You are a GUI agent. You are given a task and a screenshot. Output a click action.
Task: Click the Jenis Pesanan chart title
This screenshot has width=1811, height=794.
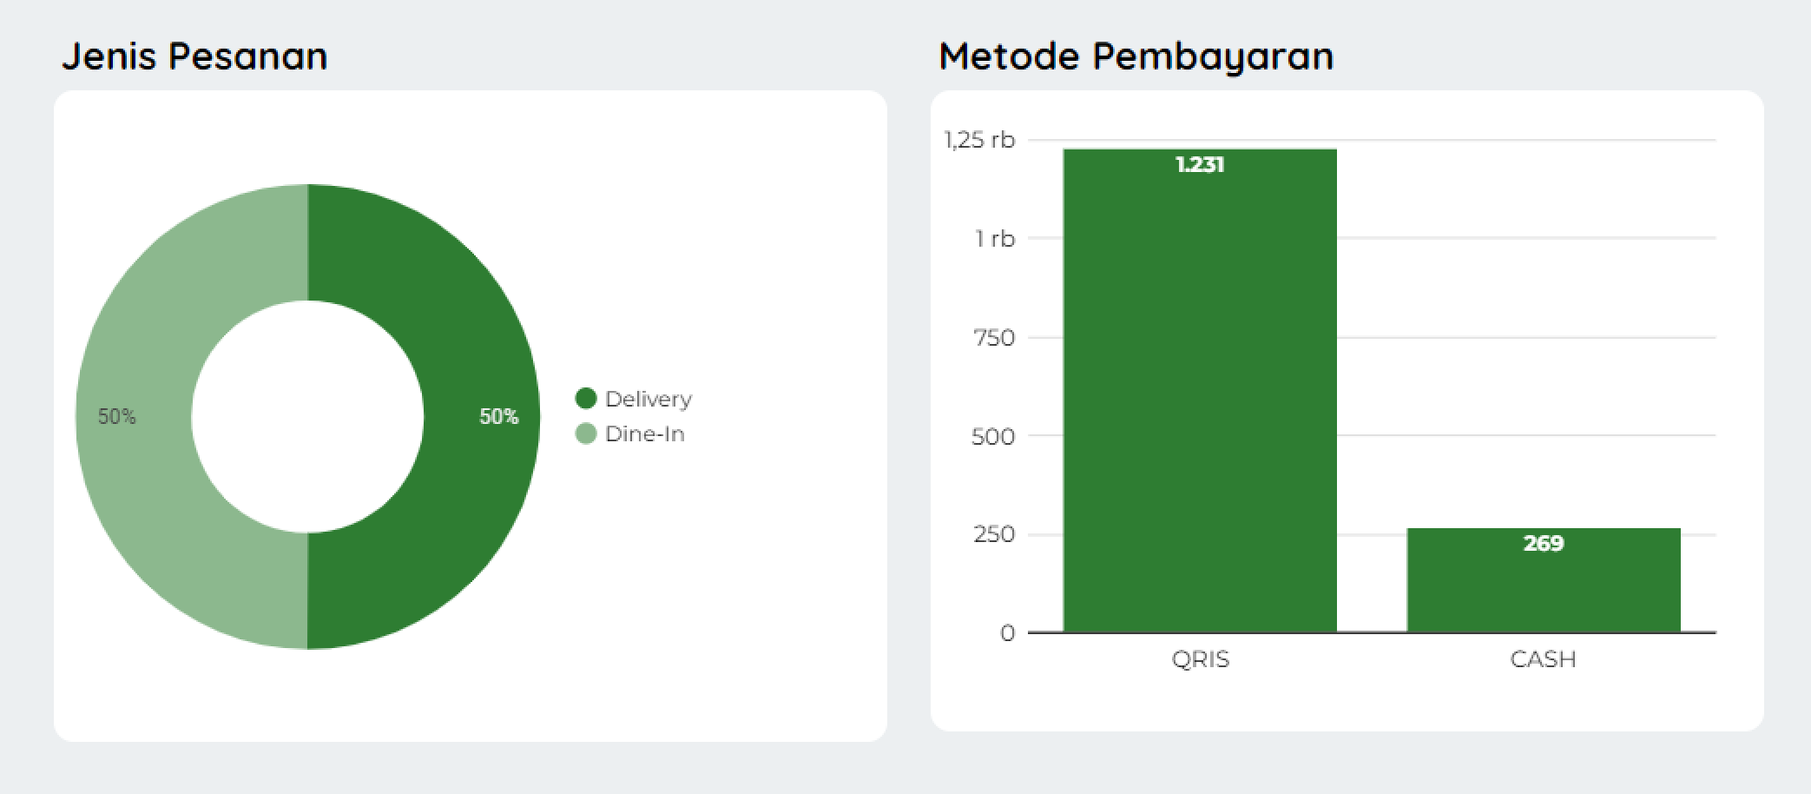[x=194, y=56]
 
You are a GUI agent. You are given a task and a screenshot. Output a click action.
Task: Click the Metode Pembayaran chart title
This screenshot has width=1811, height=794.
[x=1136, y=56]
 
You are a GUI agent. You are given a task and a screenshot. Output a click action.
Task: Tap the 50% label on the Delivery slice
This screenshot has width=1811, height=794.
[x=498, y=417]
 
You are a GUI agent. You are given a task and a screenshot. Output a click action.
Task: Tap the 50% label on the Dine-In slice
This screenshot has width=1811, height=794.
[x=117, y=417]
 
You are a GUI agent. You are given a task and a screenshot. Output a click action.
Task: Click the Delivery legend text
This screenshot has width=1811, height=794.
[x=649, y=399]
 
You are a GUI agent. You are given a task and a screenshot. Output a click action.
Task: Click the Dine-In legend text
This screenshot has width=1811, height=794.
[x=645, y=433]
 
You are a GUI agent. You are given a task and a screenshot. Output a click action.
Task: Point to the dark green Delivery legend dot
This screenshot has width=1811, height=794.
[x=586, y=399]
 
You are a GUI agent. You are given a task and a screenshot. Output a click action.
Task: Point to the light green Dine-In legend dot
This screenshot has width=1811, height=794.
[x=586, y=433]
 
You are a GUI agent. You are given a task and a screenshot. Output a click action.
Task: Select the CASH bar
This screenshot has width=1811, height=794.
[x=1543, y=591]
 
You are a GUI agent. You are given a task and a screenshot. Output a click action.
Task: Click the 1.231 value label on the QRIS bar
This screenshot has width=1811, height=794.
[x=1200, y=165]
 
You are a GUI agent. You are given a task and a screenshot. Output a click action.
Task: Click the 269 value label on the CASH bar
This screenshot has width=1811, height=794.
[x=1543, y=544]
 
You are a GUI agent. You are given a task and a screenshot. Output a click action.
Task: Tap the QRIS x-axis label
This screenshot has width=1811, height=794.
[x=1200, y=659]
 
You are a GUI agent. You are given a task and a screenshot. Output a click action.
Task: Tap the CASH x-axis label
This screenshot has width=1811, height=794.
[x=1543, y=659]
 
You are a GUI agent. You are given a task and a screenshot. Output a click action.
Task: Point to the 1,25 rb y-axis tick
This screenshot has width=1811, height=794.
[x=979, y=140]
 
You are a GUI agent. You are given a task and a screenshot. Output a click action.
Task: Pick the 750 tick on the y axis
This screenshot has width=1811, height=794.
[x=993, y=338]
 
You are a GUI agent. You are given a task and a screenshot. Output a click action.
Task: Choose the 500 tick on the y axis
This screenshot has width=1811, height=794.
[x=993, y=436]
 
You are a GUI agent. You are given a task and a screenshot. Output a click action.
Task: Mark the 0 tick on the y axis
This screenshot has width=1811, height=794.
[x=1007, y=633]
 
